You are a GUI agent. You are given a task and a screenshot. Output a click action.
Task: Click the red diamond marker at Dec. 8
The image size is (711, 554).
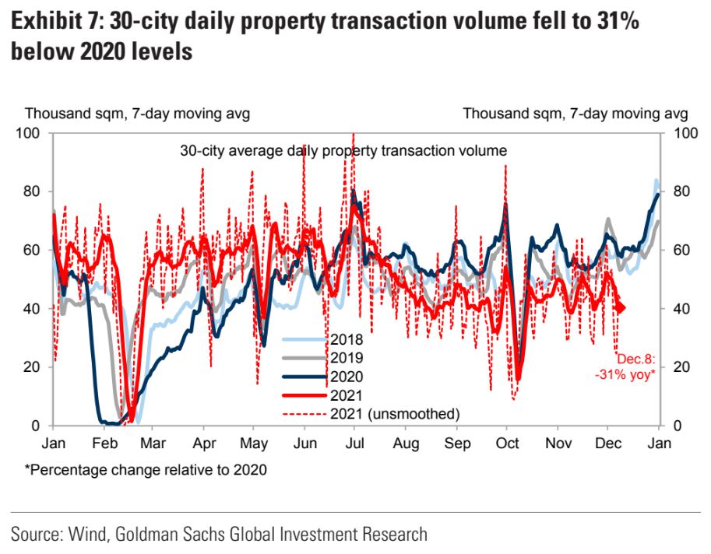[620, 308]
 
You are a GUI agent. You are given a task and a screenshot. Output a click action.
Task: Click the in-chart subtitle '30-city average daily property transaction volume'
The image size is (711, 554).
[343, 149]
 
